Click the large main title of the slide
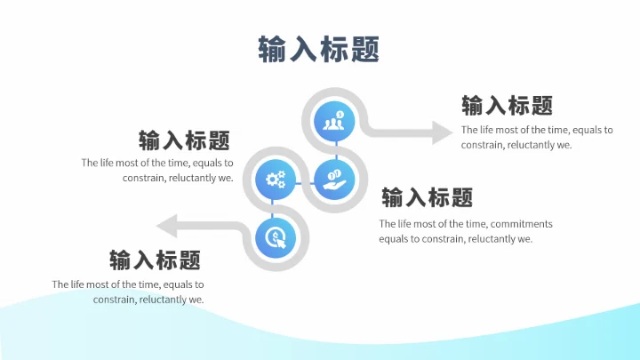[318, 48]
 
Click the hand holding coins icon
[334, 180]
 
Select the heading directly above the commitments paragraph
[427, 197]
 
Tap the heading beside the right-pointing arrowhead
[507, 106]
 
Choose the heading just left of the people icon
[184, 140]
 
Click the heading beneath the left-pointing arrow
[155, 260]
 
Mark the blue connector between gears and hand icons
[305, 180]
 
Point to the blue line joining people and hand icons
[335, 150]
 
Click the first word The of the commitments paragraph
[388, 224]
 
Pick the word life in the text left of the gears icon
[109, 163]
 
